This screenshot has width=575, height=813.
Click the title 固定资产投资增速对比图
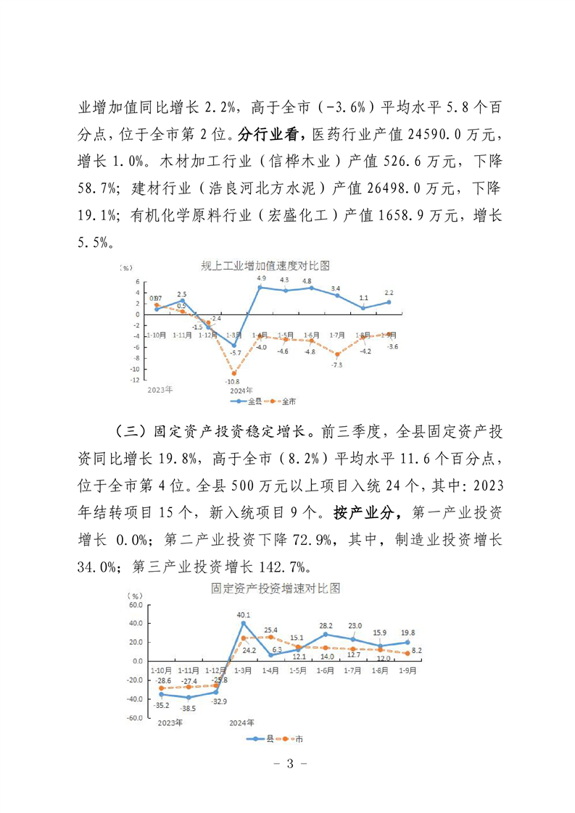(x=275, y=588)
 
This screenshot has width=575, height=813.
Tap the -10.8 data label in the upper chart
(x=233, y=382)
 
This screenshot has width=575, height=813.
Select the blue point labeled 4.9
(x=260, y=287)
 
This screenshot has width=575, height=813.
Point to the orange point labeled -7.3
(x=337, y=354)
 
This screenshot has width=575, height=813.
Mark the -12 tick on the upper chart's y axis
(x=135, y=378)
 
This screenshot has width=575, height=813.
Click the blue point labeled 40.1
(x=244, y=622)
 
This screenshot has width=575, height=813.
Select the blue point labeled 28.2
(x=326, y=634)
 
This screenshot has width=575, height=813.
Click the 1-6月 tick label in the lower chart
(x=326, y=671)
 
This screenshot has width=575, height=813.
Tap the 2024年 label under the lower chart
(x=241, y=722)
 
